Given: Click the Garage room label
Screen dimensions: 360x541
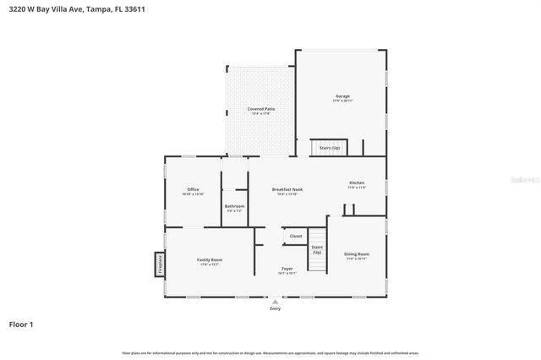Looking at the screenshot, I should [x=342, y=96].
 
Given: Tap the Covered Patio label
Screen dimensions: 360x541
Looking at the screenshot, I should [x=260, y=109].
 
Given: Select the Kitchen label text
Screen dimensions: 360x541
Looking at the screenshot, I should [x=357, y=183].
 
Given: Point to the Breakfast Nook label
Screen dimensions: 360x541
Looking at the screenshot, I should [x=287, y=189].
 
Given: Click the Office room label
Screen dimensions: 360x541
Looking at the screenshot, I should [x=193, y=189].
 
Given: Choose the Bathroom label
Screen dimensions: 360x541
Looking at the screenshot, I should [x=234, y=206].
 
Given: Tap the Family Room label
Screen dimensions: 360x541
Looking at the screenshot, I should [x=210, y=259].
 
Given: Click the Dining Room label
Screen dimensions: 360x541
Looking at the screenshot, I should [x=357, y=254].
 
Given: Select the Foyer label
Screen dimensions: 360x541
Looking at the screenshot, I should [x=287, y=269].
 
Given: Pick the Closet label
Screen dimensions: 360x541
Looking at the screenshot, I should [x=296, y=236].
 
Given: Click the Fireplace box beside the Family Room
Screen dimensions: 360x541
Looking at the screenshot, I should [x=158, y=264].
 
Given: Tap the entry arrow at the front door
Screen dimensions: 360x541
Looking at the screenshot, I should [x=275, y=301].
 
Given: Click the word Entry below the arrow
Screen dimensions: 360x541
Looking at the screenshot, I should [x=275, y=308].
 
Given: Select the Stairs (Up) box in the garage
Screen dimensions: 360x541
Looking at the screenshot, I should [x=329, y=148].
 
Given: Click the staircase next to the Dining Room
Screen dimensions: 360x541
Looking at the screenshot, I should [x=317, y=251].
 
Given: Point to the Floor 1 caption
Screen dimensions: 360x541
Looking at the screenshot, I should [x=22, y=324].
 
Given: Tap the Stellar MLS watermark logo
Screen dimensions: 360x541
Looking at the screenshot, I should [x=523, y=180].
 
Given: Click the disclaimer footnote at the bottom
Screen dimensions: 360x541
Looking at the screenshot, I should [x=270, y=352].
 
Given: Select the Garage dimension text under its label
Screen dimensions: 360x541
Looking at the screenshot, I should [x=342, y=101].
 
